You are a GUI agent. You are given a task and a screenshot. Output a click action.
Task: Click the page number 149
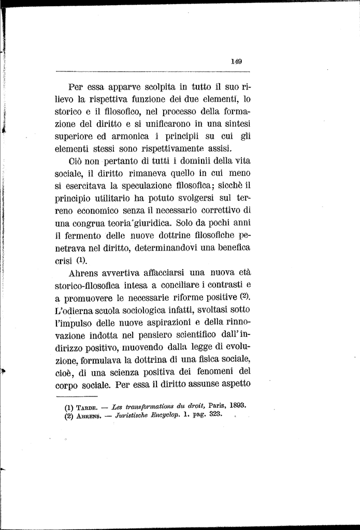coord(236,61)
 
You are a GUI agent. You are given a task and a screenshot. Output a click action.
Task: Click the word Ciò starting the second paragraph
coord(76,161)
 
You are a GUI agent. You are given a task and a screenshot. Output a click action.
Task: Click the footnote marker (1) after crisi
coord(82,260)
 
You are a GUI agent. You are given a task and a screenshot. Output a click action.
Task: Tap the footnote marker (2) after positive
coord(245,297)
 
